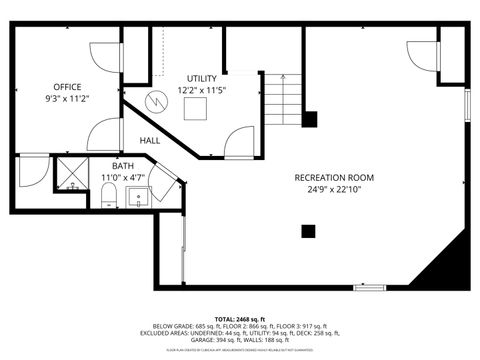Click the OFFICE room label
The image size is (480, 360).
coord(67,87)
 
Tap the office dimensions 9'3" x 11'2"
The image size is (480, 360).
coord(67,100)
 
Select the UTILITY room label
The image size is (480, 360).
coord(202,78)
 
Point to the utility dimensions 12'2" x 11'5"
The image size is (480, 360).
coord(202,90)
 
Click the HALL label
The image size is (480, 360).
coord(150,140)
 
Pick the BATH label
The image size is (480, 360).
coord(123,166)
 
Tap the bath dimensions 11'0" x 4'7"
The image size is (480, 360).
coord(123,178)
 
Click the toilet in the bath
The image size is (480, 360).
coord(108,201)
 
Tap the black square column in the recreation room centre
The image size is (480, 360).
coord(308,232)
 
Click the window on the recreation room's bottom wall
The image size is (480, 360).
coord(369,287)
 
